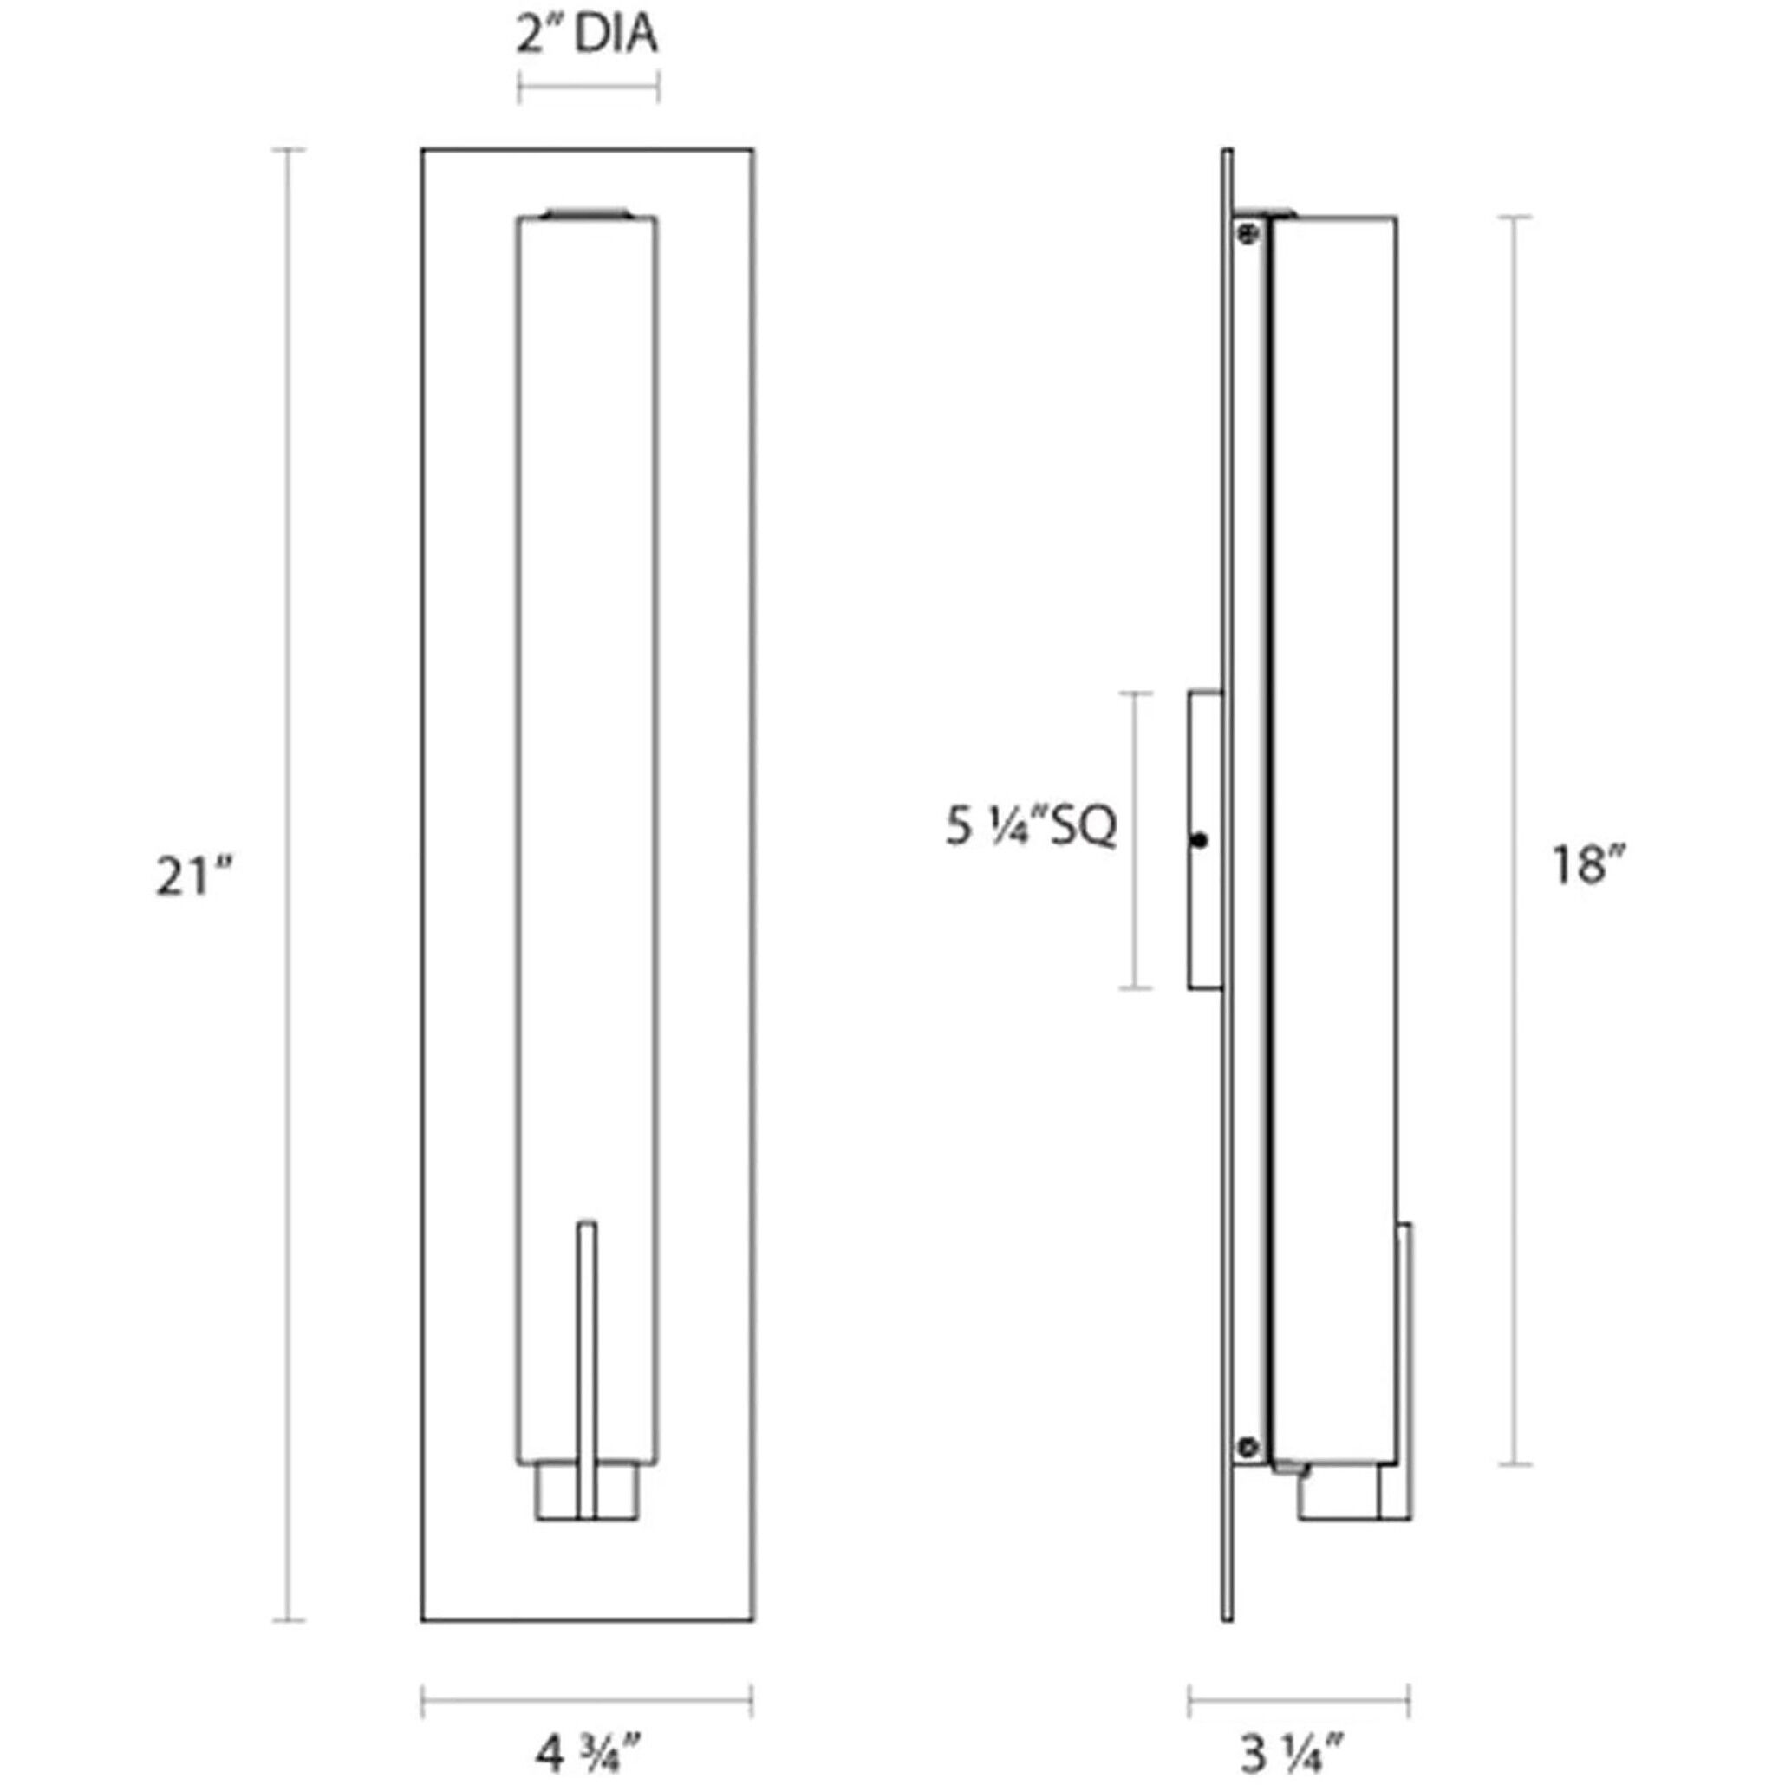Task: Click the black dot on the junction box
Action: [x=1199, y=841]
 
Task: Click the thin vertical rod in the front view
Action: [x=587, y=1367]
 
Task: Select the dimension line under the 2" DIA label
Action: [x=588, y=88]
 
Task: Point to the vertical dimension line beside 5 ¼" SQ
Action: [x=1136, y=841]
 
